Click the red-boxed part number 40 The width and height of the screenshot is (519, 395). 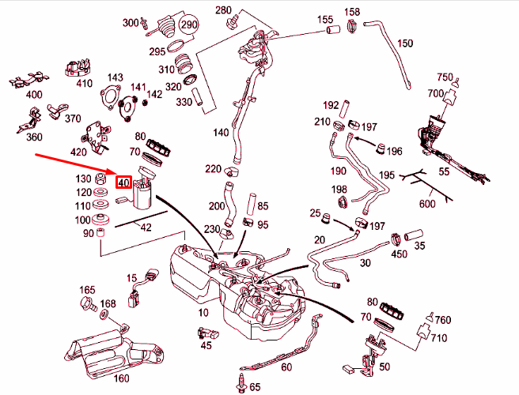coord(123,182)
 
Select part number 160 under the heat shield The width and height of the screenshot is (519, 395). coord(121,377)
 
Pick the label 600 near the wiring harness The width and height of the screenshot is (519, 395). coord(427,205)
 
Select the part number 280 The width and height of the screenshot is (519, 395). coord(224,9)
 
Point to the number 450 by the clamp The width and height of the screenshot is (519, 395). coord(400,254)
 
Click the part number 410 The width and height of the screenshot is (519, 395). coord(85,82)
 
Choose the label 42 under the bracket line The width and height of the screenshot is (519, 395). coord(146,228)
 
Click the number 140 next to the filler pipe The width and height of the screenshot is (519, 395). coord(221,132)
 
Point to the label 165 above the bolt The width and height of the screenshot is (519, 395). coord(87,290)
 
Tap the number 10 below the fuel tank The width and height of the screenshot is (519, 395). coord(203,313)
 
